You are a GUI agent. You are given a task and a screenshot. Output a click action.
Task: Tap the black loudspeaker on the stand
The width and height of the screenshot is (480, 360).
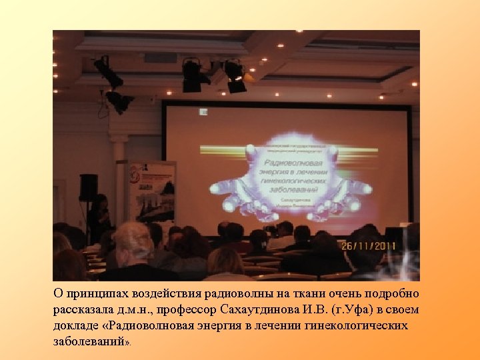[88, 187]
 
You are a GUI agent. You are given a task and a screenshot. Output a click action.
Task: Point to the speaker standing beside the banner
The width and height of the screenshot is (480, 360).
[99, 217]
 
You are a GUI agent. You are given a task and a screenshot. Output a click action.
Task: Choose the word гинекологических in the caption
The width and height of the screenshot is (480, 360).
[365, 326]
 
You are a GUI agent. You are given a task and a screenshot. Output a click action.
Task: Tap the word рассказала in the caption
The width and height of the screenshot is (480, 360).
[82, 310]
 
